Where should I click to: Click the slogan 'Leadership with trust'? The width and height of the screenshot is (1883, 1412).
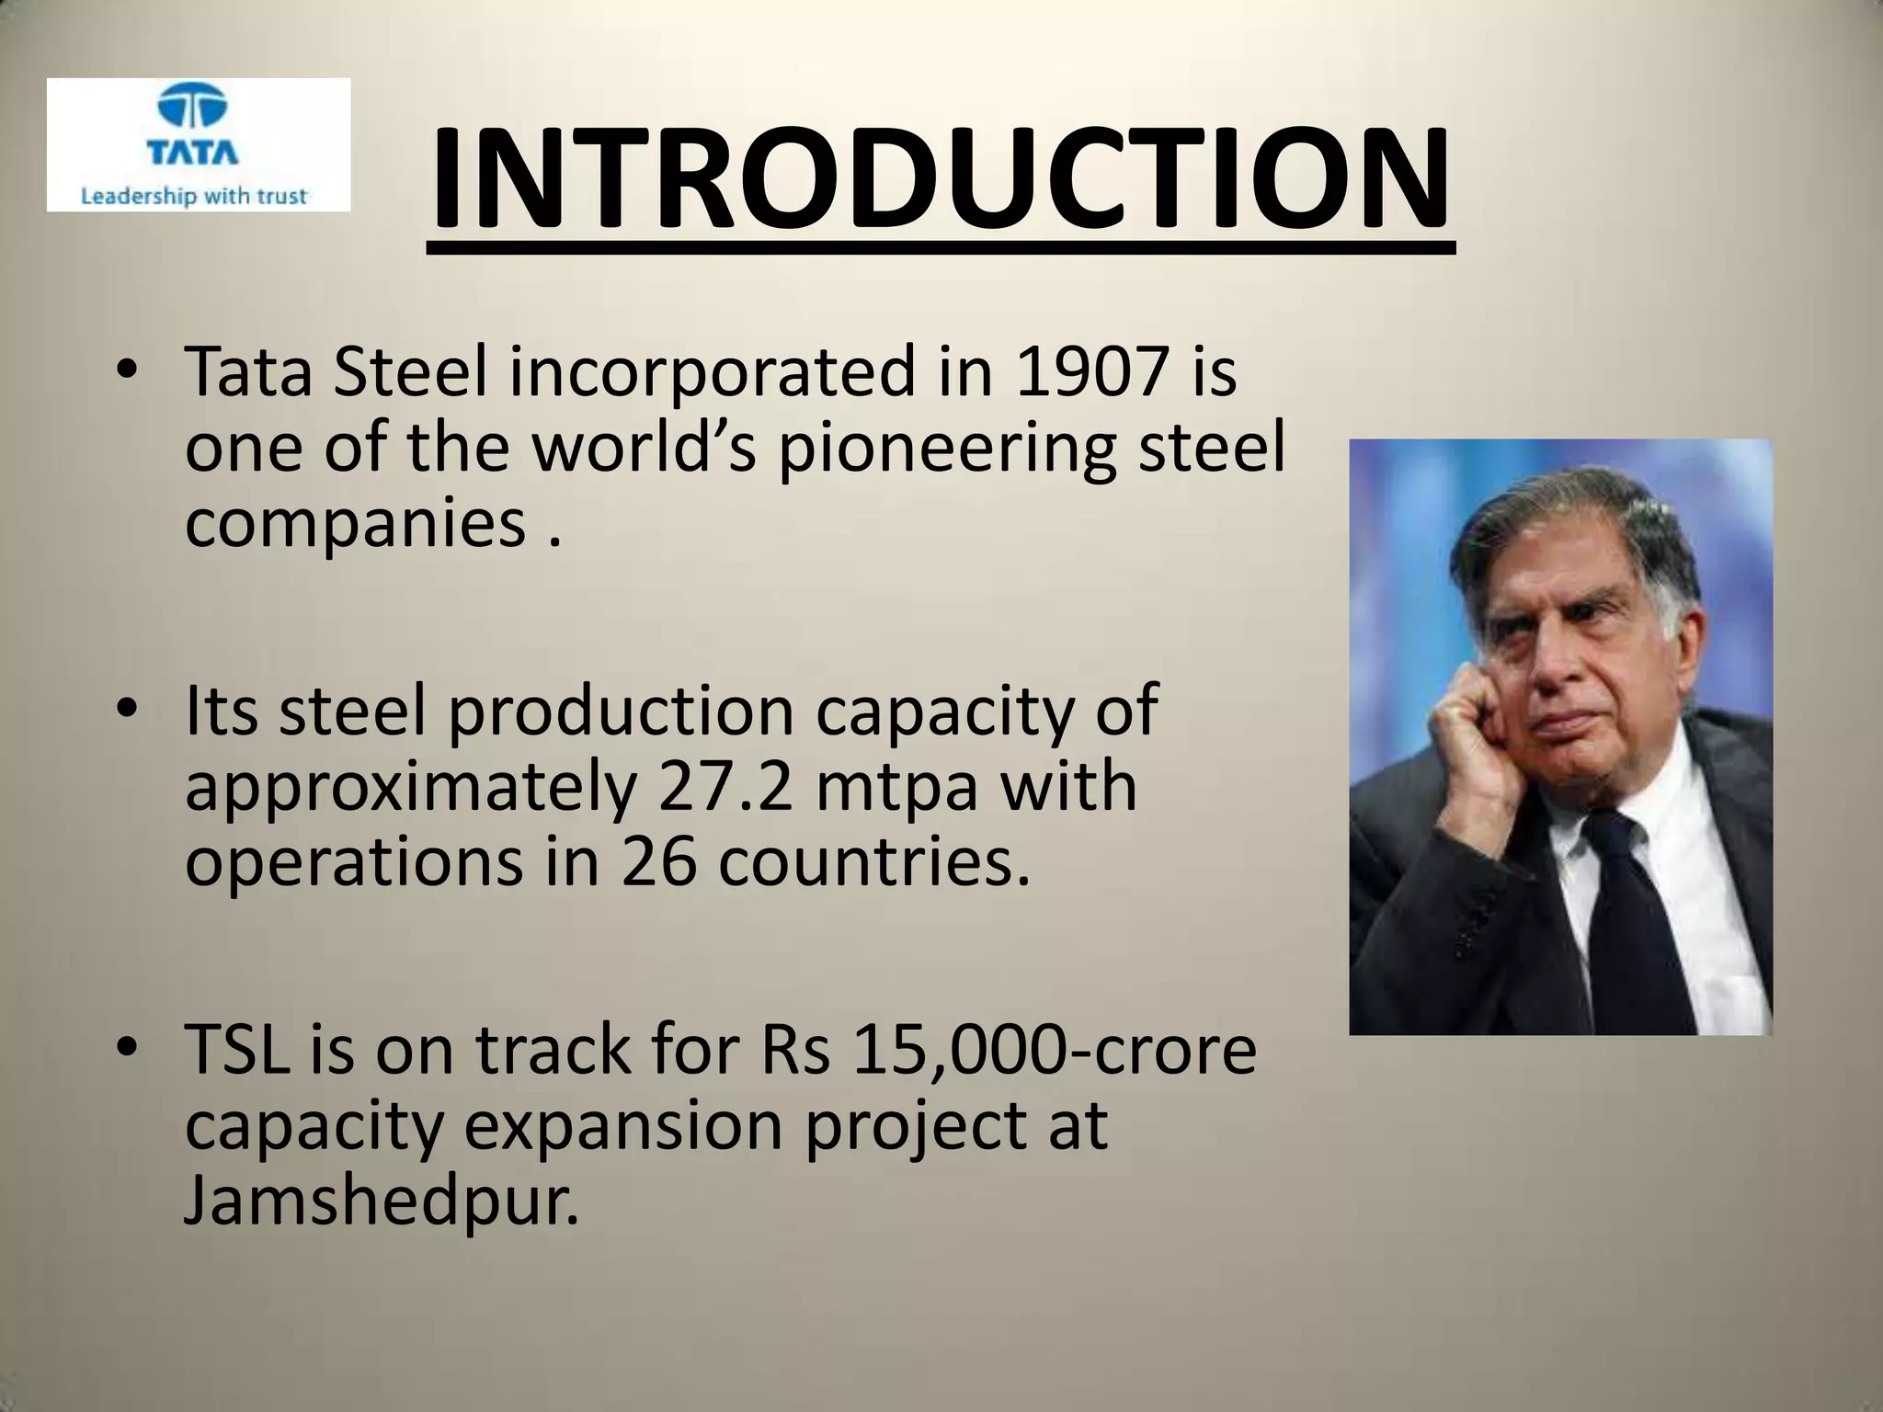(193, 196)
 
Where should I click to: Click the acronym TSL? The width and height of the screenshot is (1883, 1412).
(238, 1050)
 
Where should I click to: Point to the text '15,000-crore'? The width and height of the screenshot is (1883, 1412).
(1054, 1050)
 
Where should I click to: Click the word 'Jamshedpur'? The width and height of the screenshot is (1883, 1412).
(382, 1201)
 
